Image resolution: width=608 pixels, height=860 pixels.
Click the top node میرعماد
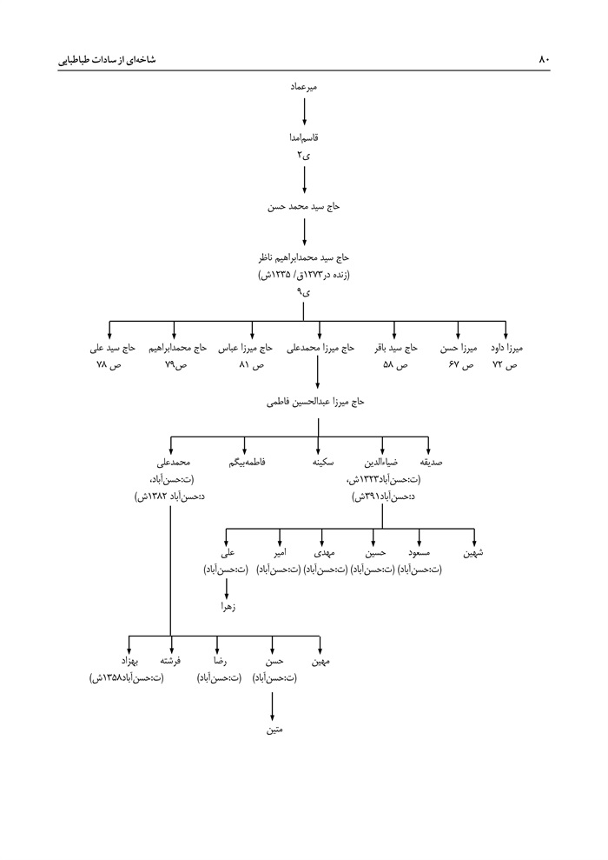point(304,88)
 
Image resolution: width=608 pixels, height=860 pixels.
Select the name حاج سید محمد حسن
point(304,208)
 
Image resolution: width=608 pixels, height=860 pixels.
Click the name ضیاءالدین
point(380,462)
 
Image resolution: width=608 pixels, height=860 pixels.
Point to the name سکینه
point(318,462)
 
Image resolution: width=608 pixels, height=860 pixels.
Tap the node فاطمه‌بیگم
point(247,462)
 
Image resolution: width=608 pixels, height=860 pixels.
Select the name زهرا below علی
point(228,608)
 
